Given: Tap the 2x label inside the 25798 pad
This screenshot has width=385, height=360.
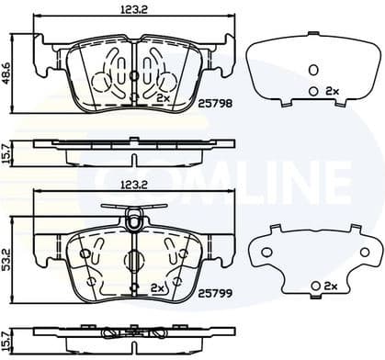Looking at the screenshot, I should [x=164, y=97].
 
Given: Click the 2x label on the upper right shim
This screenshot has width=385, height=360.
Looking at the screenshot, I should [x=333, y=91].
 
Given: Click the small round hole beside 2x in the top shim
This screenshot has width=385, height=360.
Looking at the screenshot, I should [x=313, y=91].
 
